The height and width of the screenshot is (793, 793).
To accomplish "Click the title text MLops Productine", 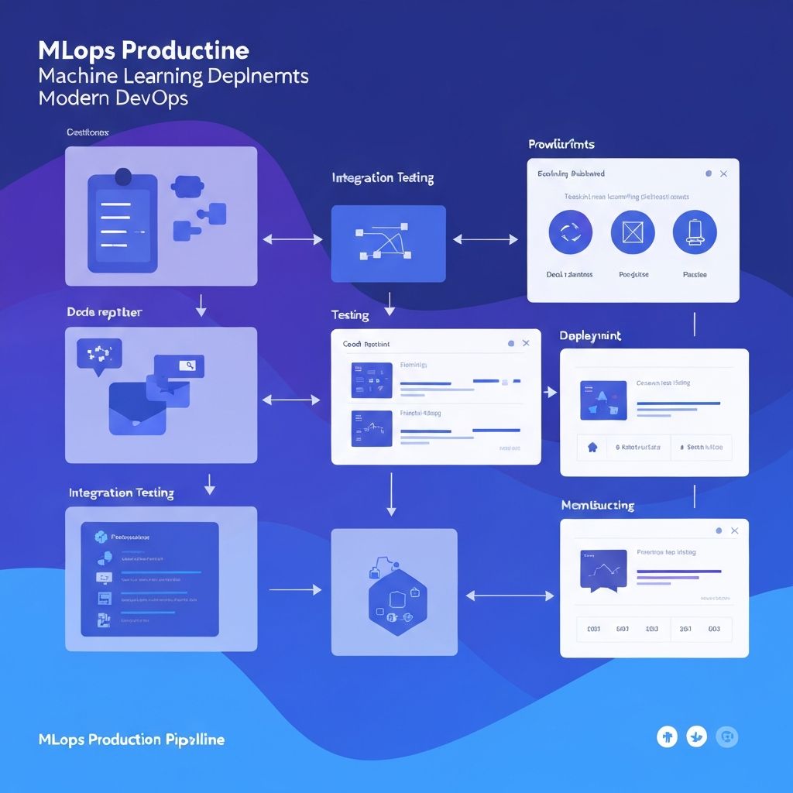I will (x=143, y=52).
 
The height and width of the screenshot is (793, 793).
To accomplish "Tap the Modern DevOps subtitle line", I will (x=113, y=99).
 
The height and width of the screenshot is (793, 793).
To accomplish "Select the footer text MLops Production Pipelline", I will (x=132, y=740).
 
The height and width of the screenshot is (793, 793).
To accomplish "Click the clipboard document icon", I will (x=122, y=222).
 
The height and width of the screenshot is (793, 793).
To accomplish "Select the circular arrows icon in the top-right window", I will (x=570, y=232).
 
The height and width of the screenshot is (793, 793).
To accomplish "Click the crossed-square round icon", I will (x=633, y=232).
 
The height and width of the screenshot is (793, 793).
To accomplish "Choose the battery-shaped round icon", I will (x=695, y=232).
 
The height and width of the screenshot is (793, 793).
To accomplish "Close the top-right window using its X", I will (x=723, y=174).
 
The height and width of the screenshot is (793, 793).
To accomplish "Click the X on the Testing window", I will (x=526, y=343).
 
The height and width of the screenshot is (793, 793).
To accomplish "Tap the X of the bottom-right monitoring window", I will (x=734, y=530).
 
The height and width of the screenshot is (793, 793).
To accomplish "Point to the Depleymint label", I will (x=590, y=336).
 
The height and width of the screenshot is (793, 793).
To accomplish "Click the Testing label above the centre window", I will (x=350, y=315).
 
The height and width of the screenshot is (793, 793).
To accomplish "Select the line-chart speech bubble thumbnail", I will (x=602, y=571).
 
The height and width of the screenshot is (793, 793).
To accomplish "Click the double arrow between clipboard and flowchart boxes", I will (x=293, y=240).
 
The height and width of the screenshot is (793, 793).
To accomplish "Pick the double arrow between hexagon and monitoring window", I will (x=511, y=596).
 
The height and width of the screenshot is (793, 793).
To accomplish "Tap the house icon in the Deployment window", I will (x=593, y=447).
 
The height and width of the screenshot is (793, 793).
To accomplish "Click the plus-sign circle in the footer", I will (x=667, y=737).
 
